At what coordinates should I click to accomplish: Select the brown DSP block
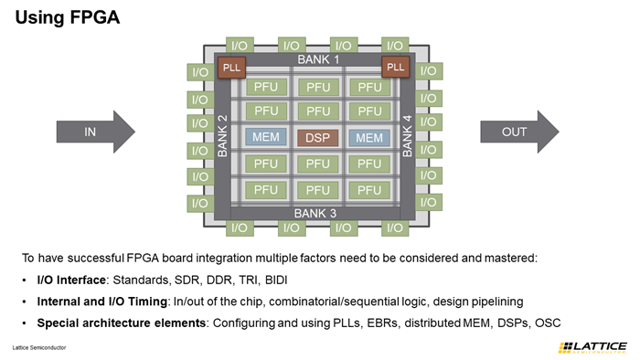click(317, 138)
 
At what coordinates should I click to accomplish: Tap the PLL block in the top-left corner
click(229, 67)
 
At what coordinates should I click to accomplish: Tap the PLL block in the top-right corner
click(395, 67)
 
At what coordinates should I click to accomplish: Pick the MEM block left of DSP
click(265, 138)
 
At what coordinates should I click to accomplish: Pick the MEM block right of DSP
click(369, 138)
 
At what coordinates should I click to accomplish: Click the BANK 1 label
click(317, 59)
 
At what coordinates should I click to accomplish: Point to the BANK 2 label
click(222, 136)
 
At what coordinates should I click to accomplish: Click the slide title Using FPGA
click(67, 17)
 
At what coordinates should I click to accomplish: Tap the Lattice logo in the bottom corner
click(592, 347)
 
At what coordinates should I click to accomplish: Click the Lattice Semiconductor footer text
click(38, 348)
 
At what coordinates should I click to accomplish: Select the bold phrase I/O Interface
click(73, 279)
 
